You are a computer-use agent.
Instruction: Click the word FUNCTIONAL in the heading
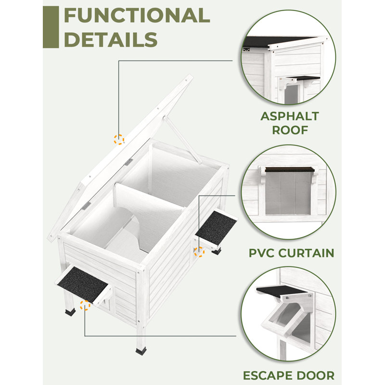(137, 15)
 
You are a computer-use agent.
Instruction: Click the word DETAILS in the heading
(111, 39)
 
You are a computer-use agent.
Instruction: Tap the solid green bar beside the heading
(51, 27)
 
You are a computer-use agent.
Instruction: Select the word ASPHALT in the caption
(290, 116)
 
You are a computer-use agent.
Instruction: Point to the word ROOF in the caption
(290, 130)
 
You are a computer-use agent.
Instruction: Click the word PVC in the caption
(262, 253)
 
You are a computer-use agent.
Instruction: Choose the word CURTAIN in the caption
(307, 253)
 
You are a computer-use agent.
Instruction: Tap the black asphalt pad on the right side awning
(216, 227)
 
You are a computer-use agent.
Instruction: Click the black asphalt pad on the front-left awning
(83, 284)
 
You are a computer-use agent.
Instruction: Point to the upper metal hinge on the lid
(128, 162)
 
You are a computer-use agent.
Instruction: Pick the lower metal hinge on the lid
(86, 206)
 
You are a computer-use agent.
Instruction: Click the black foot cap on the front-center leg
(141, 351)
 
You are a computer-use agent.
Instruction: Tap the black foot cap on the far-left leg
(70, 312)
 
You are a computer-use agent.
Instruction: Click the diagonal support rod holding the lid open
(183, 140)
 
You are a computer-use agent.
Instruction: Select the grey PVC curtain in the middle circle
(288, 193)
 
